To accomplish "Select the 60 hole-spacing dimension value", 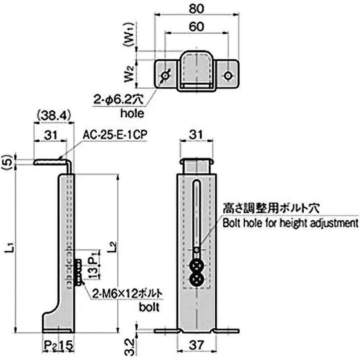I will point(195,27).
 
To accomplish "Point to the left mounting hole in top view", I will point(165,76).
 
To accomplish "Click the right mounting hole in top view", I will point(229,75).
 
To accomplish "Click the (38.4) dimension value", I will point(53,116).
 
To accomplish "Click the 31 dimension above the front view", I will point(195,134).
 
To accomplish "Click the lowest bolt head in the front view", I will point(197,280).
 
